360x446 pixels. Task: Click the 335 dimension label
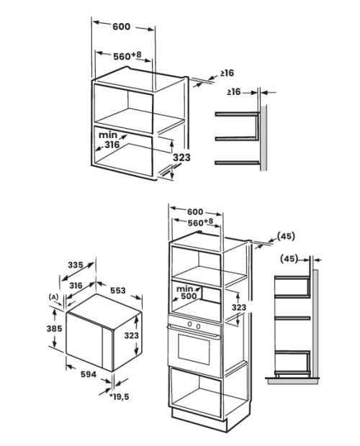(x=76, y=265)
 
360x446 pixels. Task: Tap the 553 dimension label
(x=118, y=291)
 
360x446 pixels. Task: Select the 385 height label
(x=54, y=329)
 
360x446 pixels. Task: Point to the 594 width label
(x=89, y=374)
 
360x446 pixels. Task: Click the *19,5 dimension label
(x=120, y=396)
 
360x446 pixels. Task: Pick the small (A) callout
(x=53, y=297)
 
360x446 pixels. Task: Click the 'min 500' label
(x=186, y=292)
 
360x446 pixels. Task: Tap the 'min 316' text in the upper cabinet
(x=109, y=140)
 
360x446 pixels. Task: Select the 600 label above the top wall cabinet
(x=122, y=27)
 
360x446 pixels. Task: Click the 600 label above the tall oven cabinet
(x=195, y=211)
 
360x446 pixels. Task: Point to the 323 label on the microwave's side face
(x=132, y=336)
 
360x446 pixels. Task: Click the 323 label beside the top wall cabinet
(x=182, y=158)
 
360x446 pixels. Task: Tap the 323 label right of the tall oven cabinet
(x=239, y=307)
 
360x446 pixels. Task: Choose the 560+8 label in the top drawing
(x=127, y=56)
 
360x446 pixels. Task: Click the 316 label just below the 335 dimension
(x=76, y=286)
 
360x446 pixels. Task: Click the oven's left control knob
(x=189, y=324)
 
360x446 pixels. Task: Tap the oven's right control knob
(x=198, y=327)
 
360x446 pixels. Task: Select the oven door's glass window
(x=194, y=349)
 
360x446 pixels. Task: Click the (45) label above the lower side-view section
(x=289, y=259)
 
